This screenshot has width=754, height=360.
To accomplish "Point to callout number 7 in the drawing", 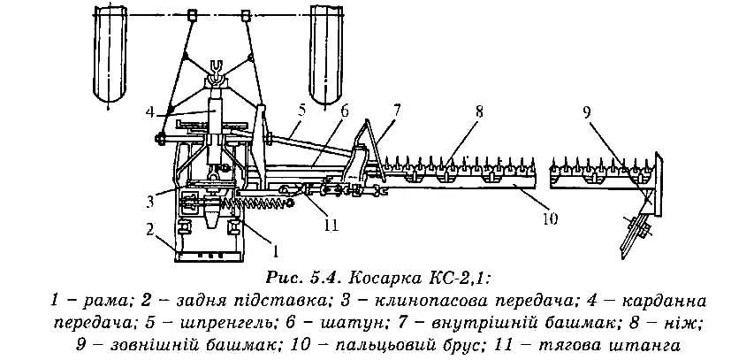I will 397,110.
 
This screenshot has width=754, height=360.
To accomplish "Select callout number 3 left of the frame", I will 151,191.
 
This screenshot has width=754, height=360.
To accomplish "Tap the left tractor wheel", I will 108,53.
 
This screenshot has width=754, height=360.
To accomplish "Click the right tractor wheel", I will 329,53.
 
